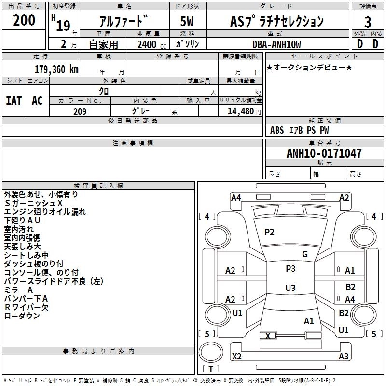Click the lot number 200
coord(24,20)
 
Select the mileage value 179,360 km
coord(56,69)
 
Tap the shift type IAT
coord(14,100)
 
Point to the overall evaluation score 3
coord(368,21)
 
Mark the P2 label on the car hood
coord(269,232)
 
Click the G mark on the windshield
coord(304,254)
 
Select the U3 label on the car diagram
coord(290,288)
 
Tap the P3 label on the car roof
coord(290,269)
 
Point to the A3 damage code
coord(344,357)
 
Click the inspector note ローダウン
coord(22,316)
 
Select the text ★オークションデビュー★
coord(309,67)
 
